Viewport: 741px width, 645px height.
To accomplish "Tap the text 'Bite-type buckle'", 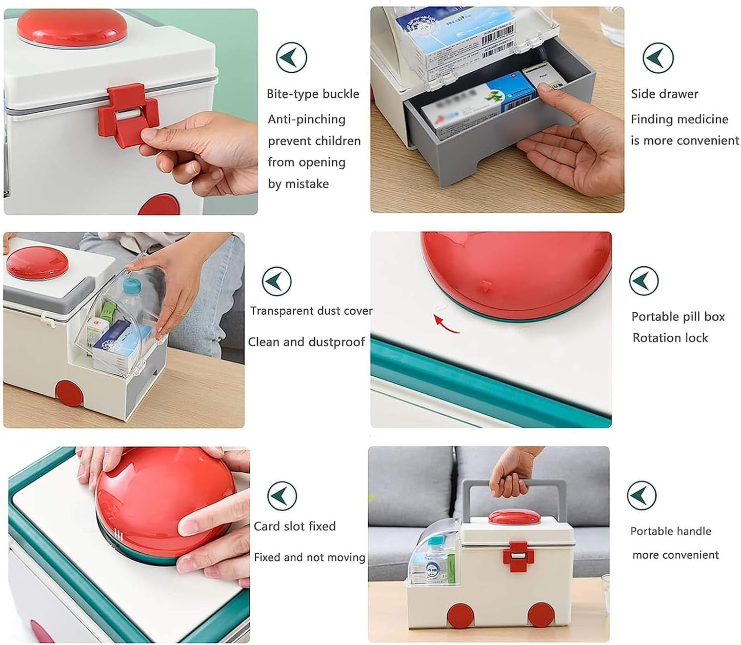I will point(312,94).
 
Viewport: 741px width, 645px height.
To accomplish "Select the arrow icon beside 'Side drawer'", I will point(658,58).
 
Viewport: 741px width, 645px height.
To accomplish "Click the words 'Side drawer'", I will point(664,94).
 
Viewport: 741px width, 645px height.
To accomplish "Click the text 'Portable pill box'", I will point(677,317).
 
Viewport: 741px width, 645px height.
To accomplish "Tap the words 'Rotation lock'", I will point(670,338).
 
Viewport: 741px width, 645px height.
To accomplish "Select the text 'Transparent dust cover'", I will point(311,311).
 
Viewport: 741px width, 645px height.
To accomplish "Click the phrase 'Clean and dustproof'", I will point(306,342).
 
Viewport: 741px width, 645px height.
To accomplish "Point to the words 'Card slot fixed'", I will point(294,527).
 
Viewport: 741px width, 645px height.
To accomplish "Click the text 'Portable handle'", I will point(670,532).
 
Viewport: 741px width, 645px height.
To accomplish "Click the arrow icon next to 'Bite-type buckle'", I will point(291,58).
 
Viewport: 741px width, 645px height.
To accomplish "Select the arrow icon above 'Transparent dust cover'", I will point(276,281).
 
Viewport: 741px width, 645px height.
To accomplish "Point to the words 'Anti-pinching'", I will point(306,119).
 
